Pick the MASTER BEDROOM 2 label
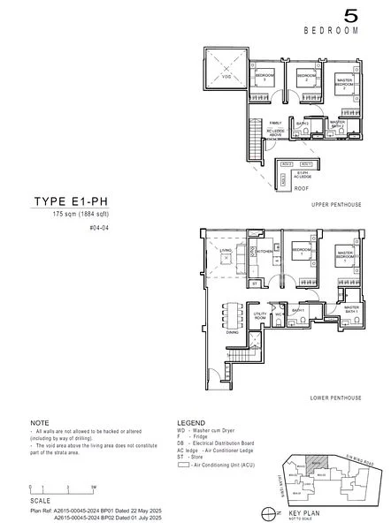(345, 85)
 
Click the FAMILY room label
(275, 123)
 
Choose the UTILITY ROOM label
(260, 314)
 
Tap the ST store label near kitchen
(254, 284)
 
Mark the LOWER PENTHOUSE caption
(336, 398)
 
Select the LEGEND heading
(191, 423)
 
